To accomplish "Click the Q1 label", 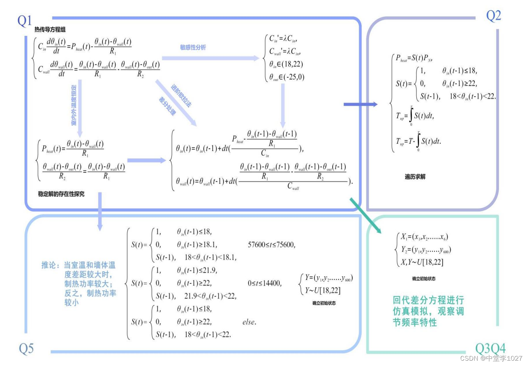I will pos(25,21).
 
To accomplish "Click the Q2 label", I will pos(493,16).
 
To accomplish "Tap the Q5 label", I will pos(26,349).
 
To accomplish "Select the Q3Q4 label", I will pos(490,349).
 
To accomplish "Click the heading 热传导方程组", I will pos(50,29).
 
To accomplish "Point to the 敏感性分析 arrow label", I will pos(193,47).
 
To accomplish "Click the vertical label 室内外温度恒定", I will pos(74,105).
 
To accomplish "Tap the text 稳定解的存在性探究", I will pos(61,194).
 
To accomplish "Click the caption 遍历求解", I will pos(415,177).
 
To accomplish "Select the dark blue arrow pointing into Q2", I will pos(360,104).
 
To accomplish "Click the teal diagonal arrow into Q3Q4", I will pos(365,215).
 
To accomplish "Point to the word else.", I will pos(249,322).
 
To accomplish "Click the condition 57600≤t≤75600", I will pos(271,245).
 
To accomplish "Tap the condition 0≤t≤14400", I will pos(265,283).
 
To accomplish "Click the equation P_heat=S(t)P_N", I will pos(414,58).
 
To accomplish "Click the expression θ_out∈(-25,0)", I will pos(286,77).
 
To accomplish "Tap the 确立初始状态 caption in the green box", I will pos(424,278).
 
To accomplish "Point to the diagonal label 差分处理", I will pos(167,106).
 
